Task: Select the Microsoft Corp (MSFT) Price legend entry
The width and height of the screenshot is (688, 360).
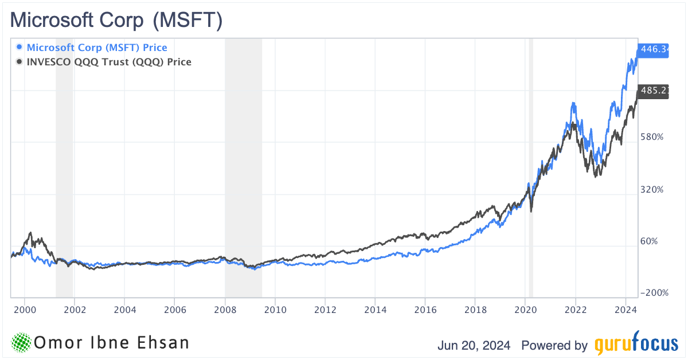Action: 97,48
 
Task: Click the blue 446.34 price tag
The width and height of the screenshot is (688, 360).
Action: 654,50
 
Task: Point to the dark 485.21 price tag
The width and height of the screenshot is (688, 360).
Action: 654,91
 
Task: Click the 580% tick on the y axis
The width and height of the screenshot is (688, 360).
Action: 651,137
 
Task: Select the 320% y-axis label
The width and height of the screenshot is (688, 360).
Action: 651,189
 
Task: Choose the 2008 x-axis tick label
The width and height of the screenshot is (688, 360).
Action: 225,310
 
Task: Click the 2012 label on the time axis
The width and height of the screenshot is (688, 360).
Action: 325,310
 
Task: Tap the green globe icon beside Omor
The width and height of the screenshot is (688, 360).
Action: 21,343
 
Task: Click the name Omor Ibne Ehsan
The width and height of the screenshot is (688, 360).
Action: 111,343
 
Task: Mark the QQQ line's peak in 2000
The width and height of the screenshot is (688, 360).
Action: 30,233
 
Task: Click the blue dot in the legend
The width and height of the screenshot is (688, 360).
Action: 20,48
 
